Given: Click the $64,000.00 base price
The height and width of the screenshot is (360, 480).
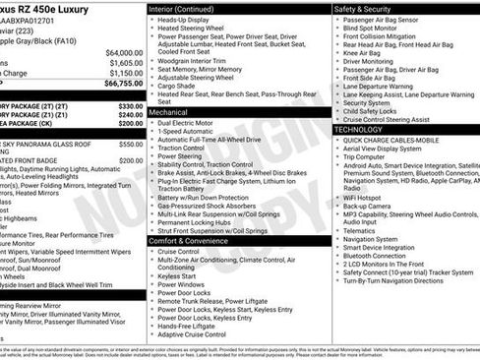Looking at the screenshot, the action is (x=122, y=52).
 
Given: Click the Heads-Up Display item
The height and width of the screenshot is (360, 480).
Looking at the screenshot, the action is (x=188, y=20).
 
